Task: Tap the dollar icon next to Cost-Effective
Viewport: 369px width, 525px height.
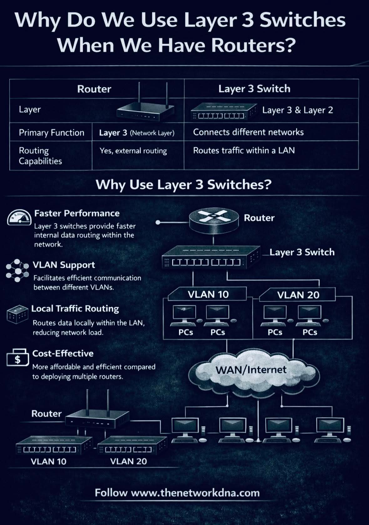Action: (x=18, y=358)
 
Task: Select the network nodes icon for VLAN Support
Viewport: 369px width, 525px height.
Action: (x=17, y=270)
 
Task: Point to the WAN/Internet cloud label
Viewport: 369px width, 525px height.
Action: (x=251, y=370)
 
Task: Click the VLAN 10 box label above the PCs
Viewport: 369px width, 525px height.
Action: (x=208, y=295)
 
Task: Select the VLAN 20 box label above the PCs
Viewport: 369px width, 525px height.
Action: (x=298, y=295)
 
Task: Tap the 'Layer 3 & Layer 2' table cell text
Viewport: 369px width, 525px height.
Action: (x=297, y=110)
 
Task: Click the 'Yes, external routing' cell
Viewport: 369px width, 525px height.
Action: (x=133, y=151)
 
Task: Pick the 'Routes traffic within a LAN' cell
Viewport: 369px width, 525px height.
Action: (x=244, y=150)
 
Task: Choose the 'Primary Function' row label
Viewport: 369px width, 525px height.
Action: (x=51, y=133)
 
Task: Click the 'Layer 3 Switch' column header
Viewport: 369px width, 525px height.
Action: (x=254, y=89)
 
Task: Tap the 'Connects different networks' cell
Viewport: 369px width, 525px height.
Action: (x=248, y=132)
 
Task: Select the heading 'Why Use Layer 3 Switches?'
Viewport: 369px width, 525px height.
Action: (x=183, y=184)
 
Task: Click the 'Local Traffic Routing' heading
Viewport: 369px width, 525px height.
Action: (x=75, y=309)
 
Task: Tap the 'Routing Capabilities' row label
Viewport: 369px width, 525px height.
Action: (x=40, y=156)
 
